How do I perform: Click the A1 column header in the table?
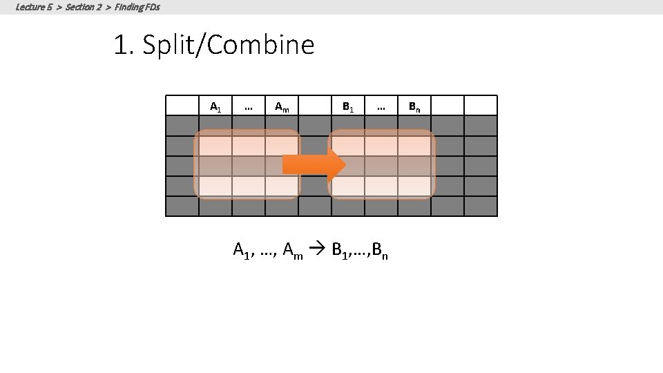(215, 106)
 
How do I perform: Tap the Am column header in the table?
(282, 106)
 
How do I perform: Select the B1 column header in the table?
(348, 106)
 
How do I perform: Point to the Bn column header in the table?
(414, 106)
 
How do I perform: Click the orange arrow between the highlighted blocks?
(314, 164)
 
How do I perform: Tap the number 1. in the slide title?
(124, 46)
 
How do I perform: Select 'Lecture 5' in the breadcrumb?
(33, 7)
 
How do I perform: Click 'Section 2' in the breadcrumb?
(83, 7)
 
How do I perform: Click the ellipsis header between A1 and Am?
(249, 106)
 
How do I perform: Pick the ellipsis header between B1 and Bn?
(381, 106)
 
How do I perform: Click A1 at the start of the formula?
(242, 251)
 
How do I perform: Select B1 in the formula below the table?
(340, 251)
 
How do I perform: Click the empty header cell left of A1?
(182, 105)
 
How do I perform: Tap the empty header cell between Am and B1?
(315, 105)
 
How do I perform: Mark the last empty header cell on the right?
(481, 105)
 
